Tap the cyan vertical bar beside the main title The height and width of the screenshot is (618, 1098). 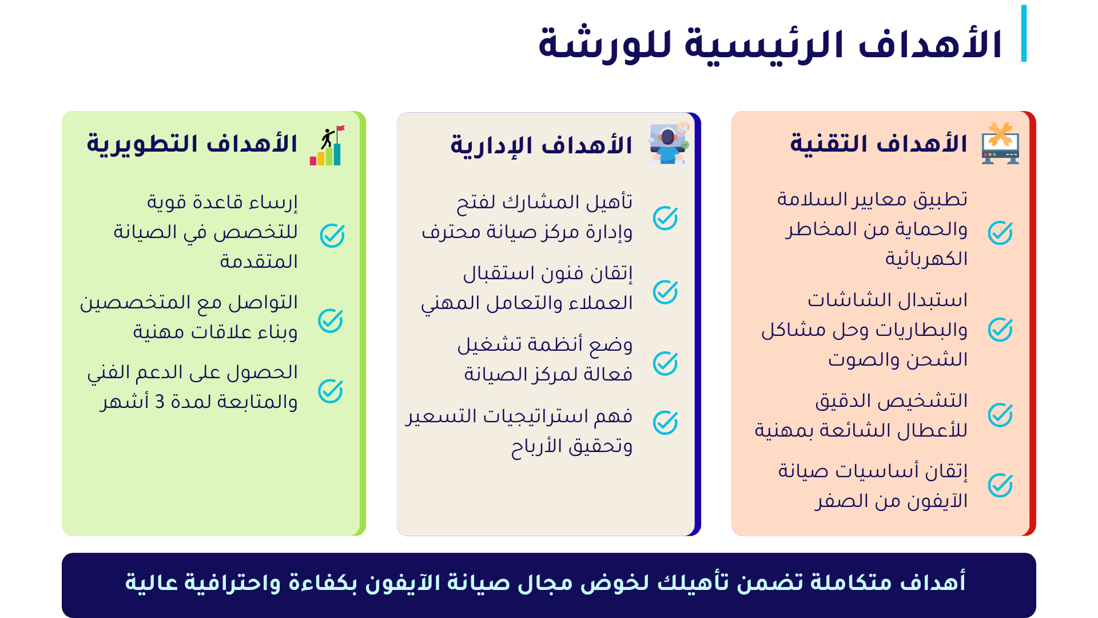[x=1024, y=33]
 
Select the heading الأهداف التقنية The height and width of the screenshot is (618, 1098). [x=878, y=144]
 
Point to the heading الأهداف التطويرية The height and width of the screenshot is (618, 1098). [x=192, y=144]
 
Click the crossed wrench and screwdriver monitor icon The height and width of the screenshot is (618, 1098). [x=1000, y=143]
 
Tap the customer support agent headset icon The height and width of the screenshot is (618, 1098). [x=668, y=143]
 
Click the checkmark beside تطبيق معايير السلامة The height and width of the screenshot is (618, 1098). [x=1000, y=233]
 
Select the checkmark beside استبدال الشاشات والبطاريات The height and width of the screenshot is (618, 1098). [x=1000, y=330]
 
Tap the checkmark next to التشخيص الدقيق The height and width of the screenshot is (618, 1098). [x=1000, y=415]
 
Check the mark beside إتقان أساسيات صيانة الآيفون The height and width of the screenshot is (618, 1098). [x=1000, y=485]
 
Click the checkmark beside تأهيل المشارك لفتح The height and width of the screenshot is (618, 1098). [x=665, y=218]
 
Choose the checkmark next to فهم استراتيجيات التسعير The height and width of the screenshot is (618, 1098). [x=665, y=423]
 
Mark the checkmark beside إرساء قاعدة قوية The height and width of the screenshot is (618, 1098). [x=332, y=235]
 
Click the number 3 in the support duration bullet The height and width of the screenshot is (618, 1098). [x=160, y=402]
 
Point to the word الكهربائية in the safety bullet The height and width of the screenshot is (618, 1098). [x=926, y=259]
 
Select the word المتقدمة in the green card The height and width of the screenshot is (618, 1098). [x=258, y=262]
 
